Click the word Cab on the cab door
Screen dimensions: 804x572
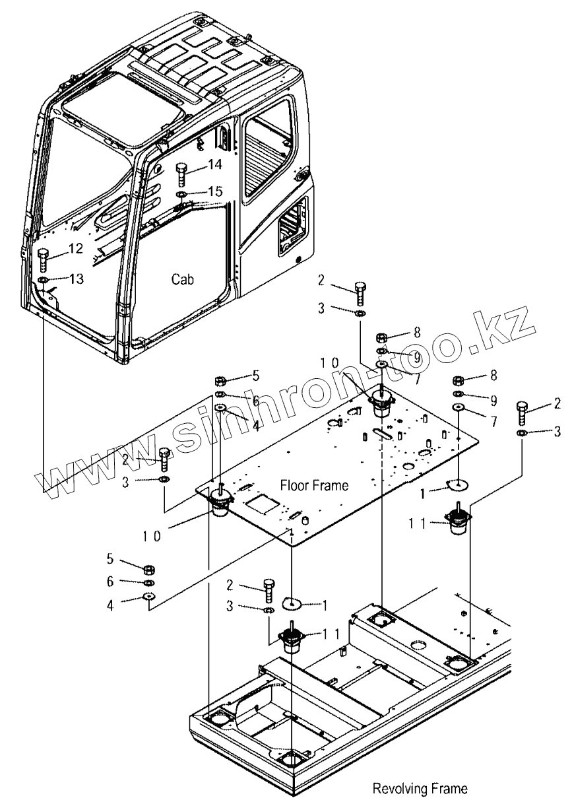coord(183,279)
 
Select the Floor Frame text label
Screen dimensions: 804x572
coord(314,486)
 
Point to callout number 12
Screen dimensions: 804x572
coord(75,249)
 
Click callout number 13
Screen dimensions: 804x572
coord(76,279)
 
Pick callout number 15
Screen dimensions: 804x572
coord(214,191)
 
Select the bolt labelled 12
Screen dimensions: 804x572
coord(44,260)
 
